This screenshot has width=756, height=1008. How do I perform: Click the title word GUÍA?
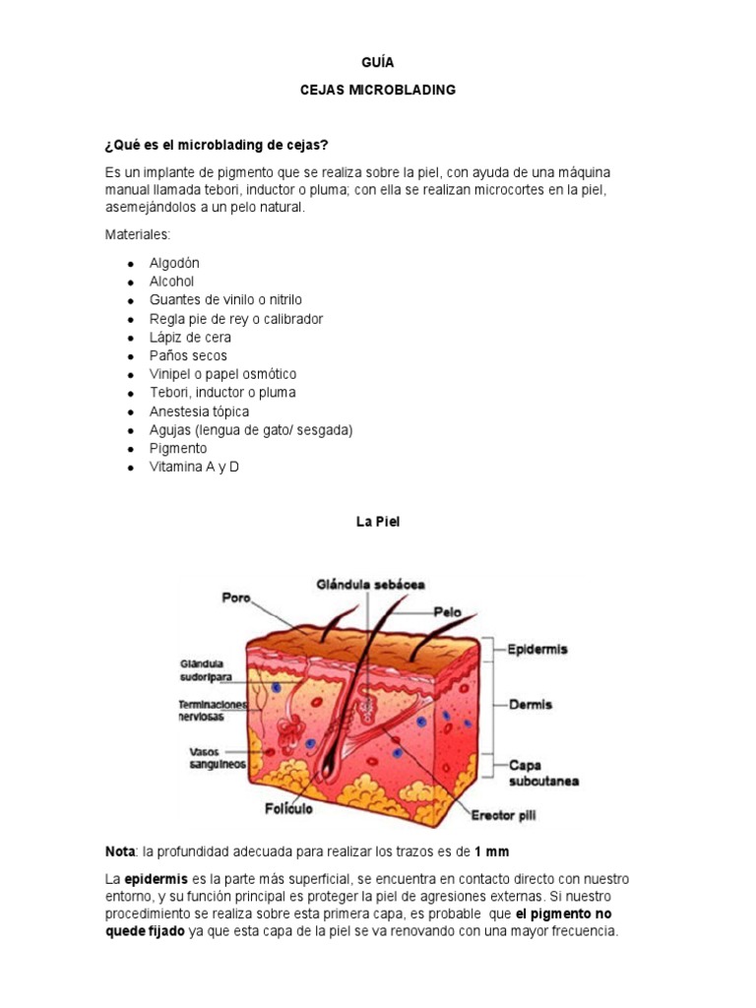[x=377, y=62]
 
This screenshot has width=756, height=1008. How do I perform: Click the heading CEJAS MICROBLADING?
[x=377, y=90]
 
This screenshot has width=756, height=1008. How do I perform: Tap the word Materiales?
[x=138, y=235]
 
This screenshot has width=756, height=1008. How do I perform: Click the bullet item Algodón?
[x=174, y=263]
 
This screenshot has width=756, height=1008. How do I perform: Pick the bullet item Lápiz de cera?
[x=190, y=337]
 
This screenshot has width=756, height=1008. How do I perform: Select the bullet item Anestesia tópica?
[x=199, y=411]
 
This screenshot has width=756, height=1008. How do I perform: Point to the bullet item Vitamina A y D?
[x=194, y=467]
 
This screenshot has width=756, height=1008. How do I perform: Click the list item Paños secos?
[x=188, y=355]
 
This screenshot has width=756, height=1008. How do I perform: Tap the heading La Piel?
[x=378, y=523]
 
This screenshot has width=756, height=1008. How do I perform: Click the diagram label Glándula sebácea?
[x=370, y=584]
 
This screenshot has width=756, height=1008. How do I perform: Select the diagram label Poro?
[x=236, y=598]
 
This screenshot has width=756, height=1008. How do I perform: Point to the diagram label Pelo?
[x=447, y=611]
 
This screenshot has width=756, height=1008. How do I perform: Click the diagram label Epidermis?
[x=537, y=650]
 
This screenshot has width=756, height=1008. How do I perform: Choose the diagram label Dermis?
[x=531, y=705]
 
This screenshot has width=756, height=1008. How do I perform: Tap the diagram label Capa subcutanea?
[x=543, y=773]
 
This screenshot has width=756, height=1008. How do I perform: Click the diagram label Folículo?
[x=287, y=809]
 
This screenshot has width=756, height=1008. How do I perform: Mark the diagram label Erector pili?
[x=504, y=815]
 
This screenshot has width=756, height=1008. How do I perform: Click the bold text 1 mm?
[x=491, y=850]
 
